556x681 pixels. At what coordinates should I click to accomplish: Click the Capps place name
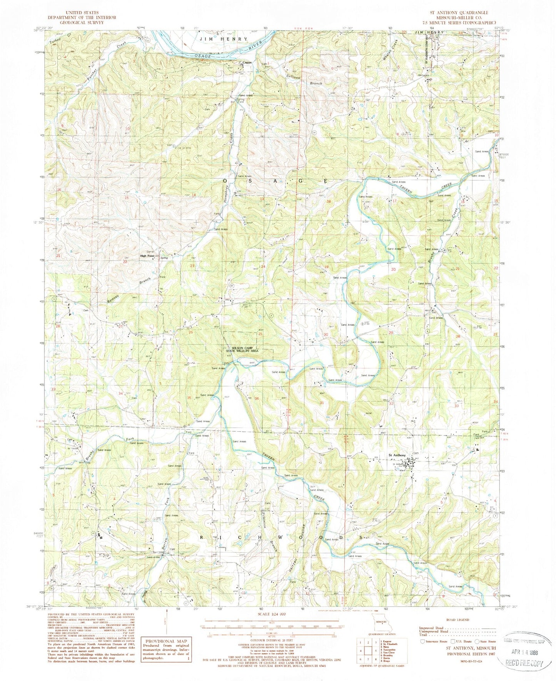(247, 63)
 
